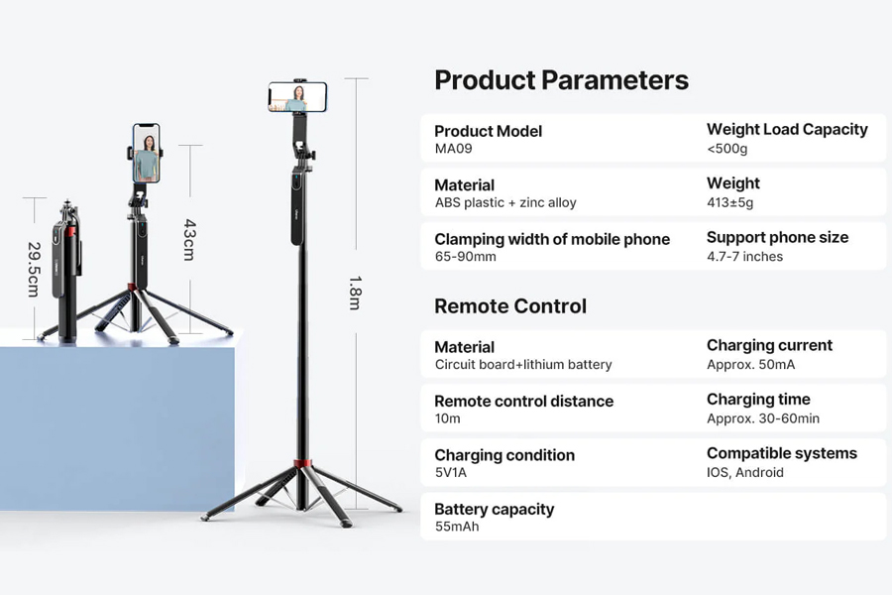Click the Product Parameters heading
click(x=562, y=80)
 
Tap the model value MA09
click(x=453, y=149)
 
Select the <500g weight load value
click(x=727, y=149)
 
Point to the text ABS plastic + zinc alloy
click(x=505, y=202)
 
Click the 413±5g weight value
click(x=729, y=202)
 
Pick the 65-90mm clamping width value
click(x=466, y=257)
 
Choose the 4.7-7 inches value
click(x=744, y=257)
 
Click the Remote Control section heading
click(x=510, y=306)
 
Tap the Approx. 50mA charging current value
click(x=751, y=364)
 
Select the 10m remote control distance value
click(x=448, y=418)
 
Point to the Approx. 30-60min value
click(x=763, y=418)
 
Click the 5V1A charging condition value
click(x=451, y=473)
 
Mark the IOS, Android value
click(x=745, y=473)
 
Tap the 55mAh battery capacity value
click(x=457, y=527)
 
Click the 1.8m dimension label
click(x=355, y=293)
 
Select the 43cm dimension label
click(x=189, y=240)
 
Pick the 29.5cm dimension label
click(x=34, y=270)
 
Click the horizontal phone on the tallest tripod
click(x=297, y=97)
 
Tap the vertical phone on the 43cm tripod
click(x=147, y=153)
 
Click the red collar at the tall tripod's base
click(x=302, y=462)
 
